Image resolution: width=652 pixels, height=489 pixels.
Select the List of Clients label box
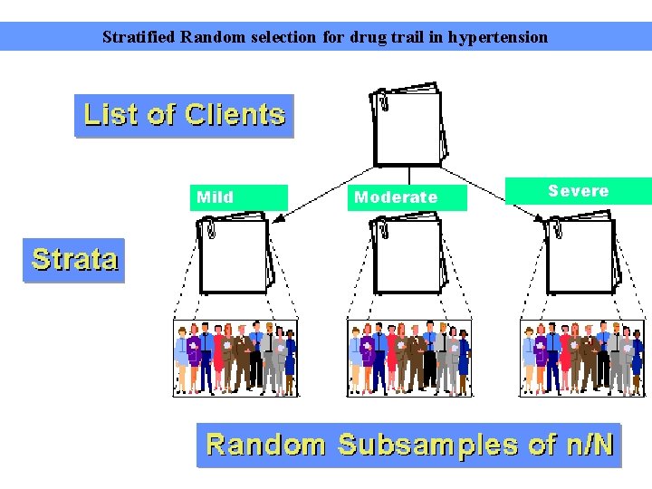click(184, 116)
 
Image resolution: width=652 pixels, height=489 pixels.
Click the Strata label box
click(74, 260)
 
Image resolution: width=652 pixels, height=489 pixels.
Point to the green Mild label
click(238, 197)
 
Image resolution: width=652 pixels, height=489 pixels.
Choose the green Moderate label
click(407, 197)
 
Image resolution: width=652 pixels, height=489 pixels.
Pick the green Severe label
click(578, 191)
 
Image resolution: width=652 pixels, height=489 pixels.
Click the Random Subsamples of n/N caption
click(409, 445)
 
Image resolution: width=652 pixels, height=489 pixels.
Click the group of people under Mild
click(235, 358)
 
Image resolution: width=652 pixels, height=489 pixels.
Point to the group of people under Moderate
click(408, 358)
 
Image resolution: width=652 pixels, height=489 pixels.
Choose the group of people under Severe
click(581, 358)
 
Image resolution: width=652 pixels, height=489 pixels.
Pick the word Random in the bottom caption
click(265, 445)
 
